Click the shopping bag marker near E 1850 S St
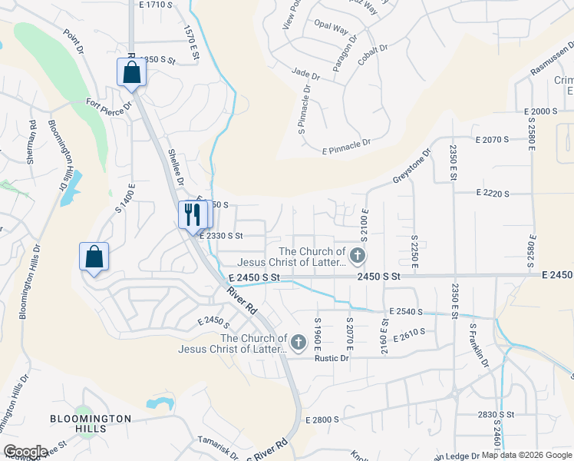pos(131,72)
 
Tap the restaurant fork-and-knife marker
pos(192,214)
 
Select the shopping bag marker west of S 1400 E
pos(94,257)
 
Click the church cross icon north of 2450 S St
pos(356,254)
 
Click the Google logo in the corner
pos(25,451)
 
